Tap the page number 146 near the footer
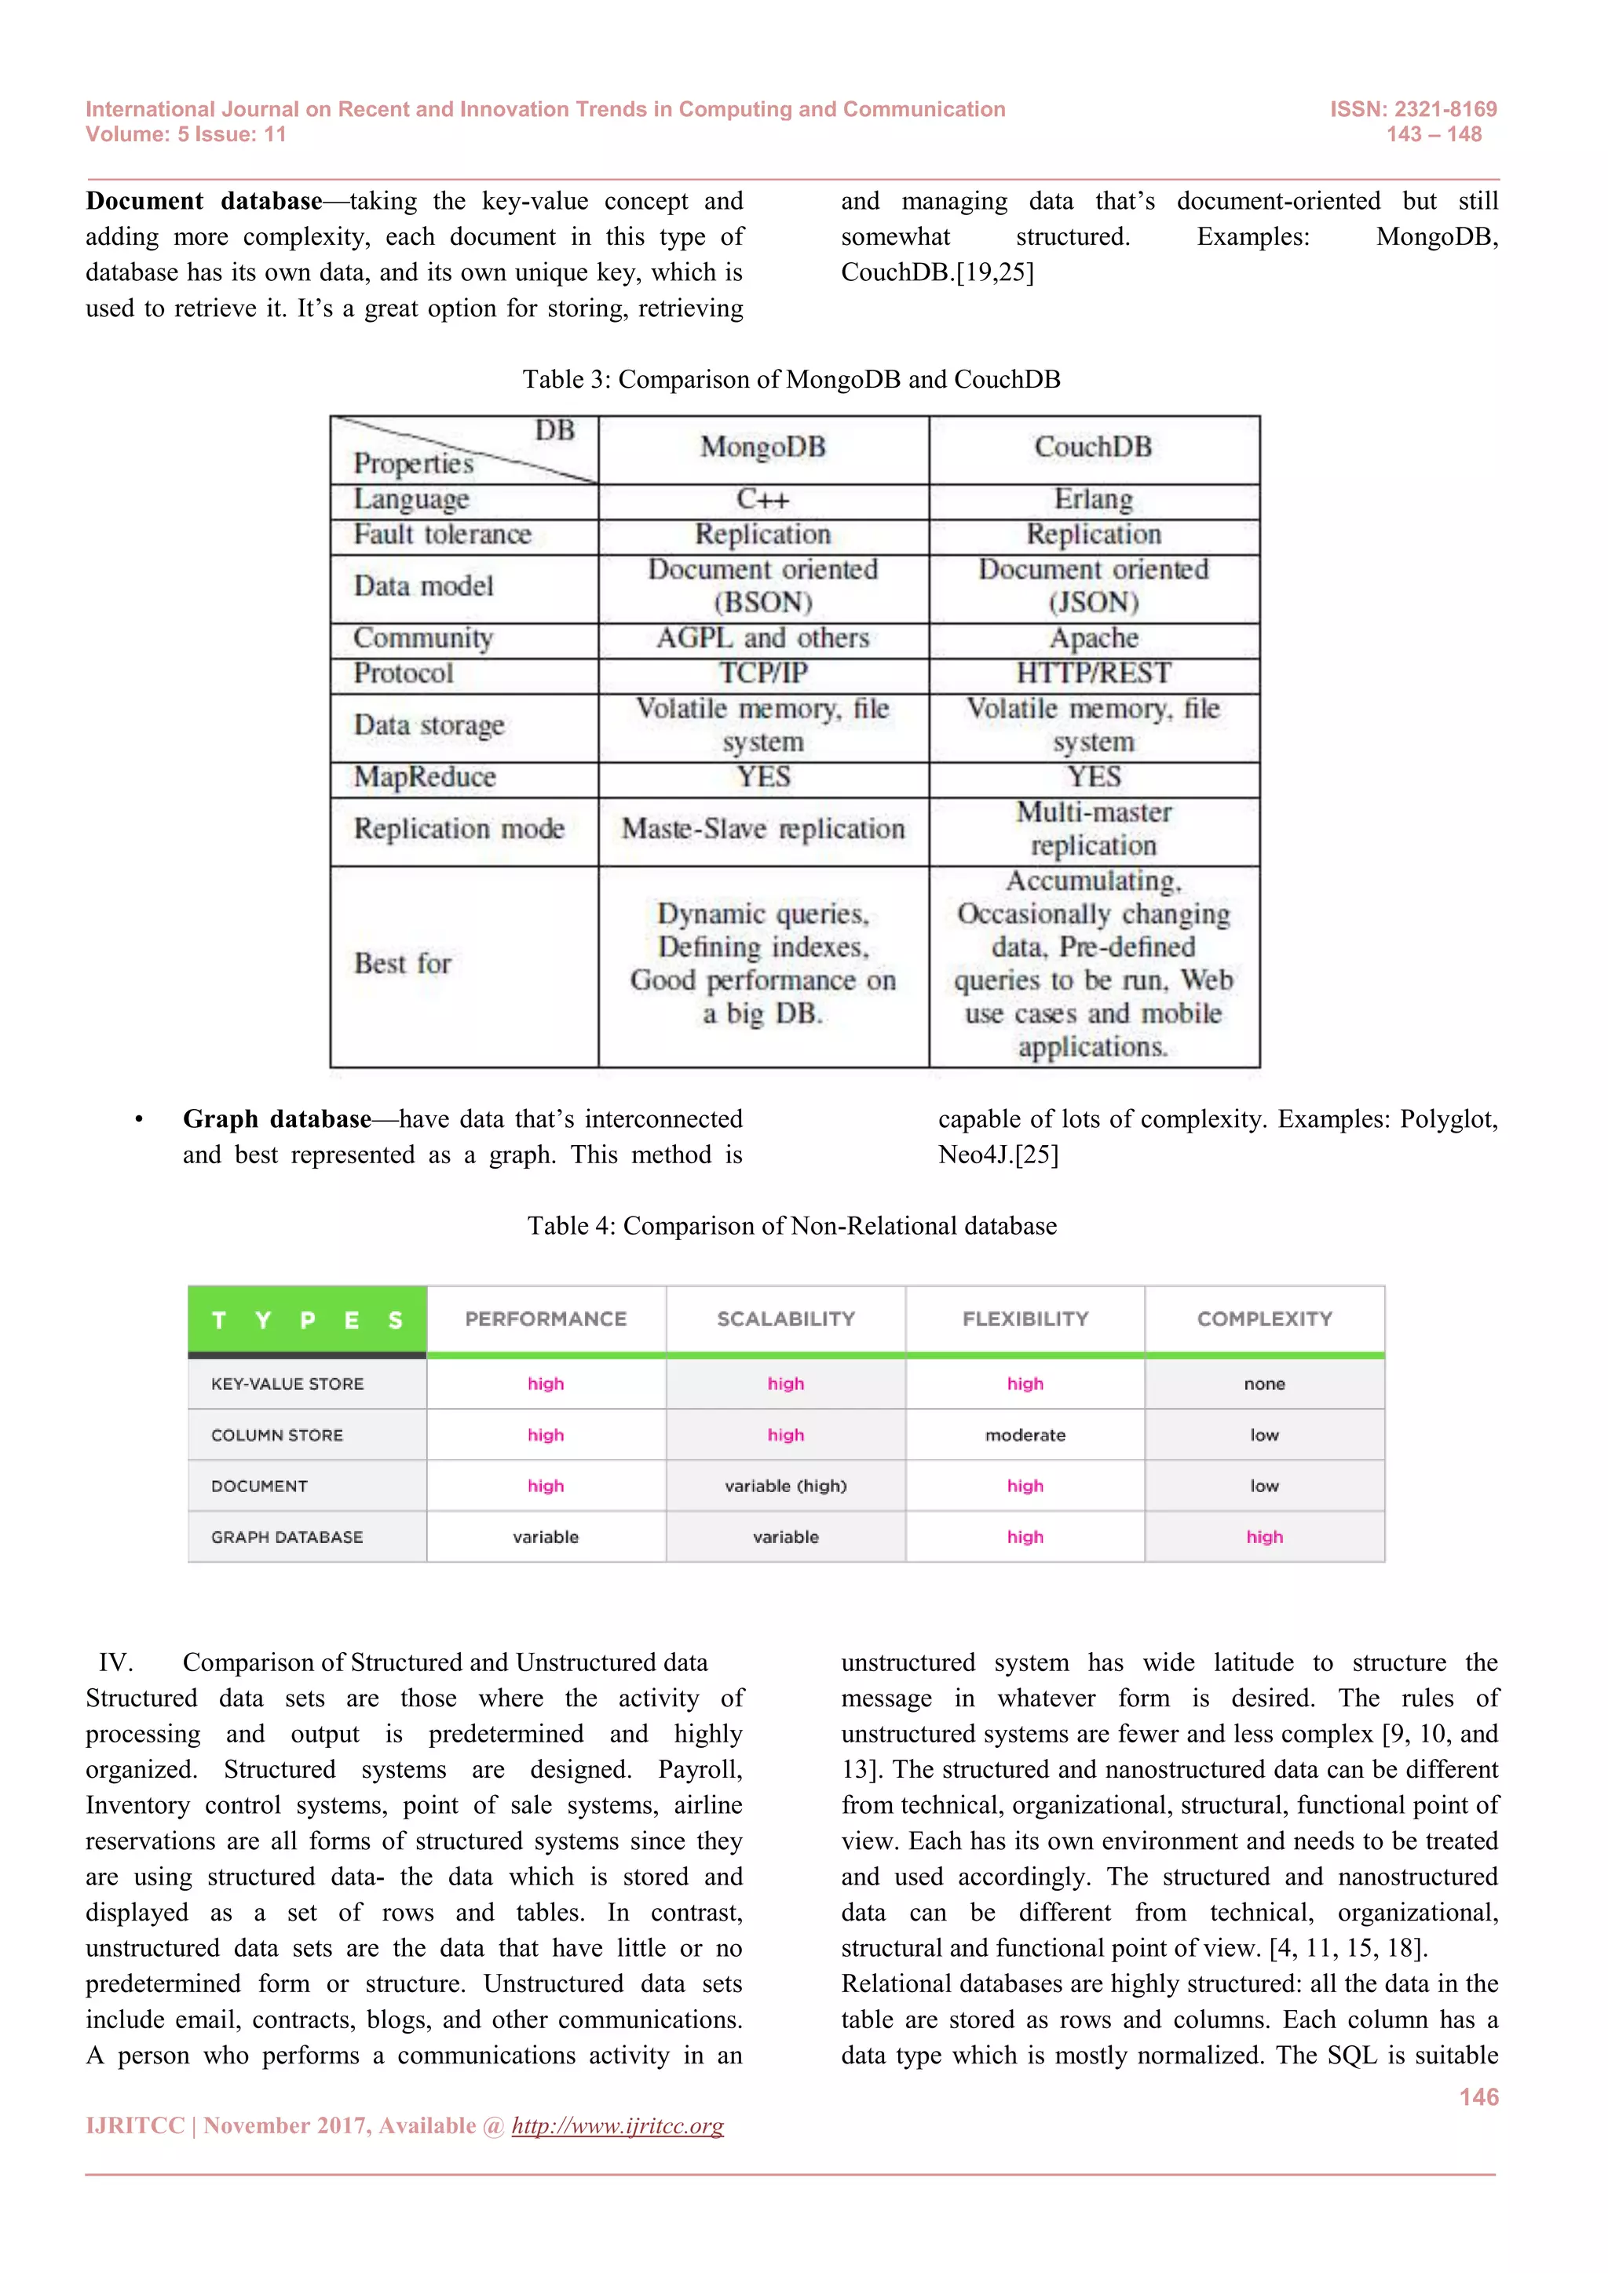pos(1478,2096)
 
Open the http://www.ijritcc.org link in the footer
pos(617,2125)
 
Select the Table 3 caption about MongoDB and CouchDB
pos(791,379)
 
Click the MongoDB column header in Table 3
pos(762,447)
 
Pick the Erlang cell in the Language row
pos(1093,499)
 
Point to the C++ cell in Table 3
pos(762,499)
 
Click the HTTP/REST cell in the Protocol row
pos(1093,673)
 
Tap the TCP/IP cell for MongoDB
pos(762,673)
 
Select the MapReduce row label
pos(425,777)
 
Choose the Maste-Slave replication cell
pos(762,829)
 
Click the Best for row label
pos(403,963)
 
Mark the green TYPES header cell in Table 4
pos(307,1319)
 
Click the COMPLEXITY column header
pos(1264,1319)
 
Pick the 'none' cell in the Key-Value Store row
pos(1264,1384)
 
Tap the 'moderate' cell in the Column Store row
pos(1025,1436)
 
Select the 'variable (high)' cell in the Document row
pos(785,1486)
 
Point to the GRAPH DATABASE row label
pos(287,1538)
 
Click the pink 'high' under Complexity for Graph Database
pos(1264,1538)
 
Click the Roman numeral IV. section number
pos(115,1662)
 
